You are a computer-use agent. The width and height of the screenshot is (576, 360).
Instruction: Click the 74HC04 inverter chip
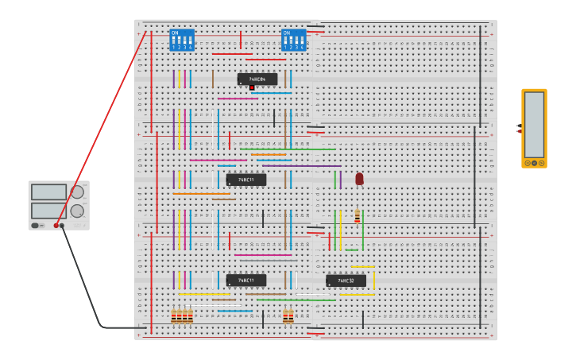pyautogui.click(x=257, y=79)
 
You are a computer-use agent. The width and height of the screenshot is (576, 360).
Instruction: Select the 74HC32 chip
pyautogui.click(x=346, y=281)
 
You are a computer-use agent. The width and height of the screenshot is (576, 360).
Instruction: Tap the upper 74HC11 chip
pyautogui.click(x=246, y=180)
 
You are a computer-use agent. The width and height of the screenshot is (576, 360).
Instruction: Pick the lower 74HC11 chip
pyautogui.click(x=246, y=280)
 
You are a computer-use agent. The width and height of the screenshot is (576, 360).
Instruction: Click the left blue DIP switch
pyautogui.click(x=182, y=40)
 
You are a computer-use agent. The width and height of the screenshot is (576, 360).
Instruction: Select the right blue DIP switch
pyautogui.click(x=293, y=40)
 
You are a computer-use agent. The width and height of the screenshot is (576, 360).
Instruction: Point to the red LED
pyautogui.click(x=359, y=179)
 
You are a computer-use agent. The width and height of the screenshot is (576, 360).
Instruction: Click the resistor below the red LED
pyautogui.click(x=358, y=217)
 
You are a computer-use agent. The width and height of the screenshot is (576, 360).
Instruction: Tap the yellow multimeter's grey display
pyautogui.click(x=534, y=124)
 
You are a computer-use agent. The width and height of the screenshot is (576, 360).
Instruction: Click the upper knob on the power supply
pyautogui.click(x=77, y=192)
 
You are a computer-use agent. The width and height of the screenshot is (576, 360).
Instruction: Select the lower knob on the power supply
pyautogui.click(x=77, y=211)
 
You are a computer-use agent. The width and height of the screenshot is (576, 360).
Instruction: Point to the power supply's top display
pyautogui.click(x=48, y=192)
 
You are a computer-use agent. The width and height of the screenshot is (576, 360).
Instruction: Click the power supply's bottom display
pyautogui.click(x=48, y=211)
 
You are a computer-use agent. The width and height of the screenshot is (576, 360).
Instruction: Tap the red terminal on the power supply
pyautogui.click(x=56, y=226)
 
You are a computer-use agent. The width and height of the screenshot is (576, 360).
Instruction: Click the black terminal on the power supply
pyautogui.click(x=62, y=226)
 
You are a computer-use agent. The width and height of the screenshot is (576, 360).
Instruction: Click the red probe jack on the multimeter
pyautogui.click(x=519, y=131)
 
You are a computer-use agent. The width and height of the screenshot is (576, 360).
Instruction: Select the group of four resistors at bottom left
pyautogui.click(x=182, y=316)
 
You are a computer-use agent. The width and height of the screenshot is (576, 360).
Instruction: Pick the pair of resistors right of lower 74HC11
pyautogui.click(x=288, y=316)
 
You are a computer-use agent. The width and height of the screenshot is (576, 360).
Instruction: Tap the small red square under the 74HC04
pyautogui.click(x=252, y=87)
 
